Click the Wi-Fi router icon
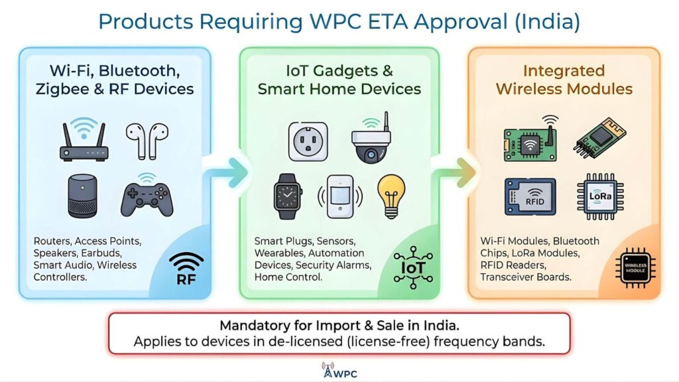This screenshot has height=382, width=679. tap(84, 141)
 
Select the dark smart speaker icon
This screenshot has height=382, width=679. tap(83, 195)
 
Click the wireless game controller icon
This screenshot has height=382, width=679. tap(147, 198)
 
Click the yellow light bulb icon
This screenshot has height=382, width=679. tap(391, 194)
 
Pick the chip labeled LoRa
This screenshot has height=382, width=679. tap(600, 197)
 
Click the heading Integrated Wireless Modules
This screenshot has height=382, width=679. tap(564, 80)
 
